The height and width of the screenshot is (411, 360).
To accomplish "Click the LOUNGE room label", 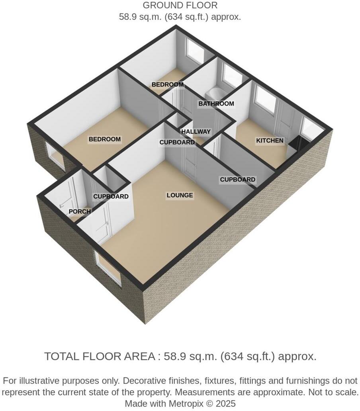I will (180, 195).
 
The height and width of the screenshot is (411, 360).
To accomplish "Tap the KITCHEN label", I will (270, 141).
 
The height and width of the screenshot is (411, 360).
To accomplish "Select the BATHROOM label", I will (216, 104).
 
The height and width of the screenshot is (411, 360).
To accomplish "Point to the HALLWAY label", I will (196, 132).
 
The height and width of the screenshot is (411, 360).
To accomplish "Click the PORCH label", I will (80, 211).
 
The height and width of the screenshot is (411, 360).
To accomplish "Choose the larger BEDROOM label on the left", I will (104, 139).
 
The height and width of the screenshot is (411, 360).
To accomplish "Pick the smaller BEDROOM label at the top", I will (167, 85).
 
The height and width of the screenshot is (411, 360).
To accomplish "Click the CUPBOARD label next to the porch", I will (111, 196).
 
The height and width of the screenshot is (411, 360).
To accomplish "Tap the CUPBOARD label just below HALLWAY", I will (177, 142).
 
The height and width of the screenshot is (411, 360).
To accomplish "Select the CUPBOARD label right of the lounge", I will (237, 180).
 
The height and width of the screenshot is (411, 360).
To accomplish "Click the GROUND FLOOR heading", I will (180, 6).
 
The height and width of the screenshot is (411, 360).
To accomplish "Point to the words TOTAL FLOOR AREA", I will (100, 356).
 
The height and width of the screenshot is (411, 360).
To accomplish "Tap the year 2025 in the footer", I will (226, 403).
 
